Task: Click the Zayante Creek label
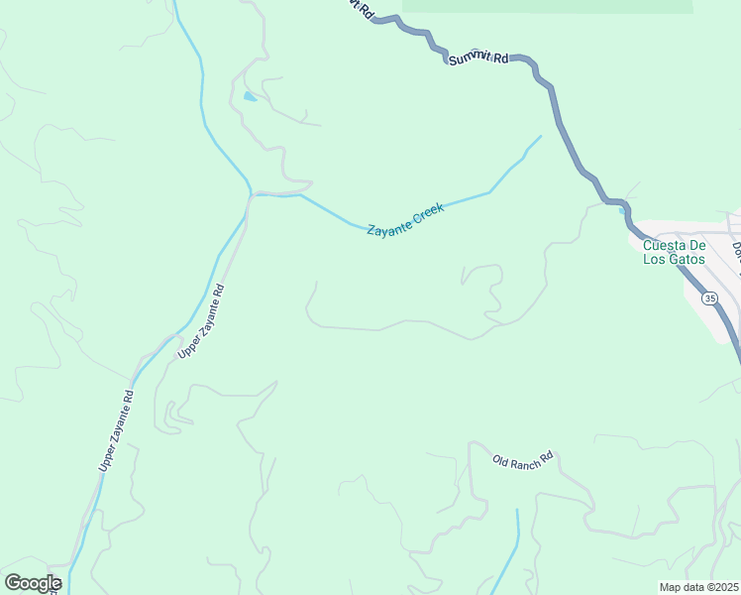coord(405,219)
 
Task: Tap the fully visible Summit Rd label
coord(477,58)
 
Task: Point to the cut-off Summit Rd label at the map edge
coord(359,8)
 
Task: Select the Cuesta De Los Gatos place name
coord(674,252)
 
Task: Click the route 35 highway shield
coord(709,297)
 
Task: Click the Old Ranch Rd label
coord(523,460)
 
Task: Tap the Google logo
coord(33,583)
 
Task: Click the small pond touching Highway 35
coord(622,209)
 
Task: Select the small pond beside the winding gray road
coord(249,97)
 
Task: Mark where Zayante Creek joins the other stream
coord(252,192)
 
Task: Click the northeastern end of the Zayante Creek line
coord(540,137)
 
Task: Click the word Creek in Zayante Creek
coord(428,212)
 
